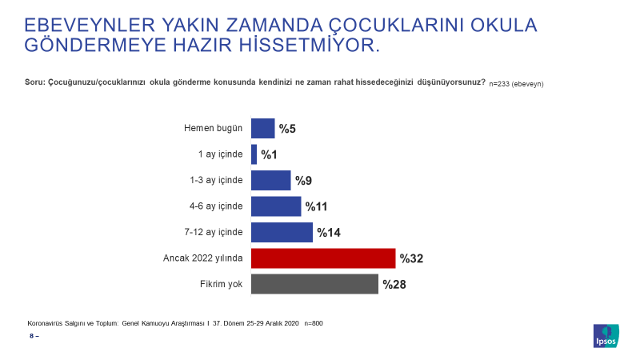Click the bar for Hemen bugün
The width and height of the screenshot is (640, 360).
[x=263, y=128]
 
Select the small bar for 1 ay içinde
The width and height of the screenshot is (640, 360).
[x=254, y=154]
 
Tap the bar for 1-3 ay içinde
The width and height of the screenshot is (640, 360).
[x=271, y=181]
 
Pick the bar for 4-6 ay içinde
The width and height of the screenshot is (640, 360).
[x=276, y=206]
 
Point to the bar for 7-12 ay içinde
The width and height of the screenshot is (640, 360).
[x=282, y=232]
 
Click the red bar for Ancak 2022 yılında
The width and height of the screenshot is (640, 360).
[x=323, y=258]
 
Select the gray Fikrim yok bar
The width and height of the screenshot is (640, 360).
[x=314, y=284]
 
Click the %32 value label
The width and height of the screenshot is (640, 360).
[x=411, y=258]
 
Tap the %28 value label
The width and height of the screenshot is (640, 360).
[x=394, y=285]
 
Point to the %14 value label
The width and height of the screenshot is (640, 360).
[x=329, y=233]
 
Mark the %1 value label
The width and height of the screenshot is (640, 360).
[x=269, y=154]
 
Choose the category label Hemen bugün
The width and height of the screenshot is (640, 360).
[x=213, y=128]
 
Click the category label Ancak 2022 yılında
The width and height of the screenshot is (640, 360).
[x=203, y=258]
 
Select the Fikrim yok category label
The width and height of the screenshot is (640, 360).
[x=222, y=284]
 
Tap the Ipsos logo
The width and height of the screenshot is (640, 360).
[x=606, y=336]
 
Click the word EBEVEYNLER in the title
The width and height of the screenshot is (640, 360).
[x=90, y=26]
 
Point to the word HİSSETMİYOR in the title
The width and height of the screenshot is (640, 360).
[x=309, y=45]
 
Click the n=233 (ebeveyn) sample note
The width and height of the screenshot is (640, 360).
[x=516, y=84]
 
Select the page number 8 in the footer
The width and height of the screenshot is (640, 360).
[x=32, y=336]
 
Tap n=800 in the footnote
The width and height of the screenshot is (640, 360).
[x=314, y=323]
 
